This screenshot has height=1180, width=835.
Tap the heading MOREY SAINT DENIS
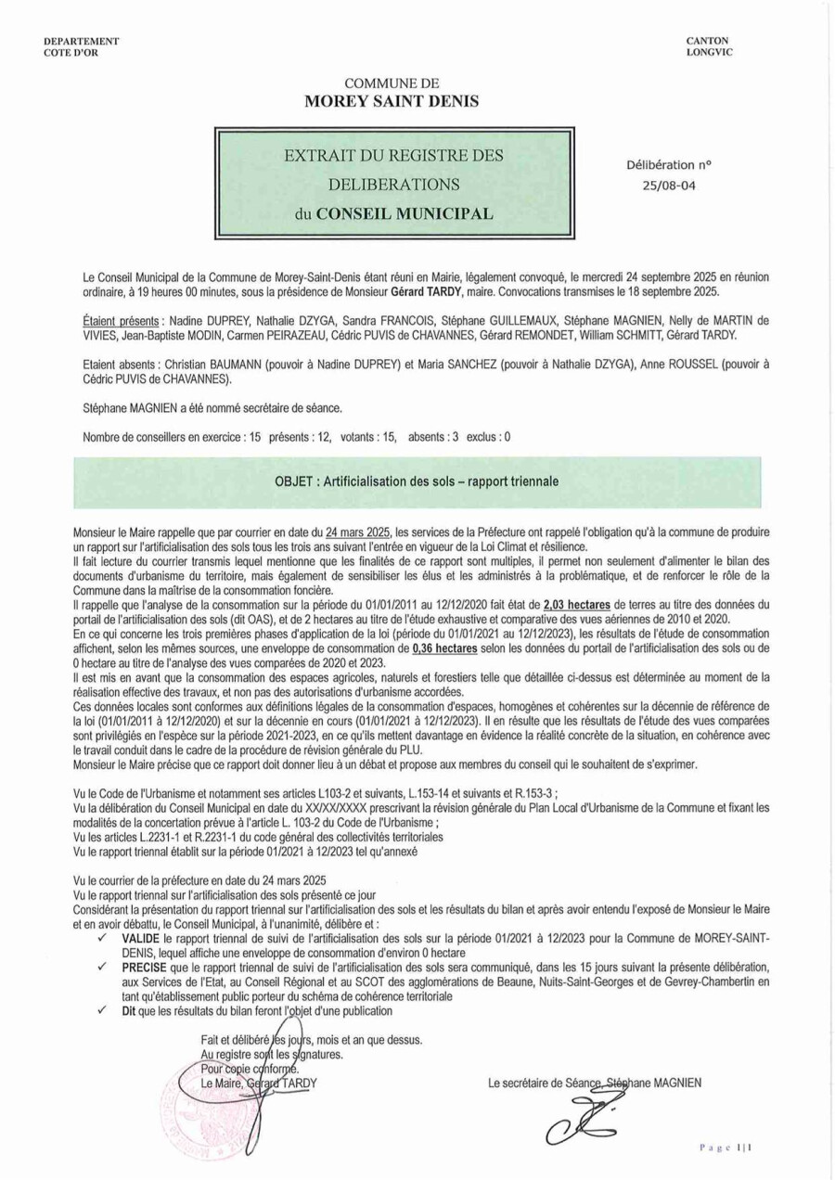pyautogui.click(x=392, y=101)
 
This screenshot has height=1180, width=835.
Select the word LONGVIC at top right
pyautogui.click(x=709, y=52)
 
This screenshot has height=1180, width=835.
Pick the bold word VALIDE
pyautogui.click(x=143, y=939)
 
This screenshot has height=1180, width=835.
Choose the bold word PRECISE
pyautogui.click(x=146, y=965)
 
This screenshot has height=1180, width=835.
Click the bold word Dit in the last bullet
pyautogui.click(x=130, y=1010)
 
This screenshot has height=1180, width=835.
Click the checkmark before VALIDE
pyautogui.click(x=99, y=939)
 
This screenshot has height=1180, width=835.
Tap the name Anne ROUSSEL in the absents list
pyautogui.click(x=667, y=366)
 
